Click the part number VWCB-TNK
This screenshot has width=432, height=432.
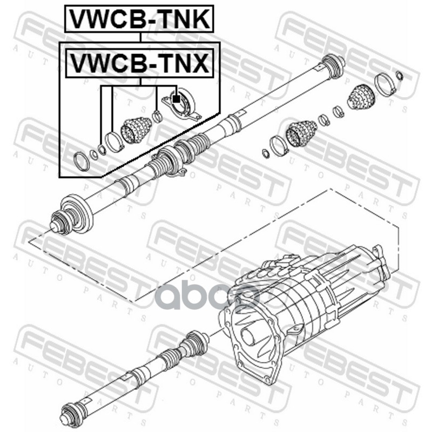pyautogui.click(x=139, y=19)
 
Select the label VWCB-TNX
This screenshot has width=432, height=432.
pyautogui.click(x=139, y=63)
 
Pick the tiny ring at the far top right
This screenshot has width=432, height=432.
pyautogui.click(x=400, y=75)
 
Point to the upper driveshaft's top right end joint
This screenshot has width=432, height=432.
pyautogui.click(x=333, y=65)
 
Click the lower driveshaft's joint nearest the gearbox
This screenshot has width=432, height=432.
pyautogui.click(x=196, y=341)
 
